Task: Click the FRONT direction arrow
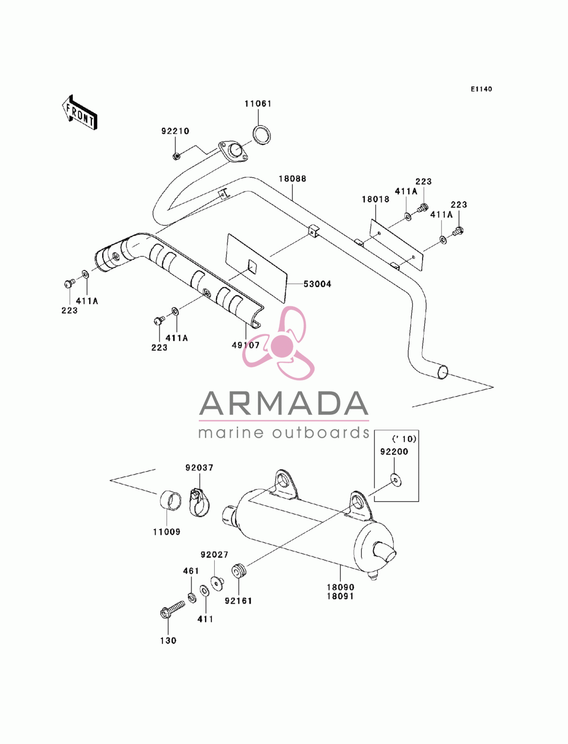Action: point(80,112)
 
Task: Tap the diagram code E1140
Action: point(481,89)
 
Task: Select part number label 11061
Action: point(258,103)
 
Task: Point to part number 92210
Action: point(175,131)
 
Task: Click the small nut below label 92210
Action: point(176,156)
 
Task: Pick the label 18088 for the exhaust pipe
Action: point(293,178)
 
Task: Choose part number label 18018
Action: point(375,199)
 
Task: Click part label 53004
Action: point(317,284)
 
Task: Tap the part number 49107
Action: point(246,345)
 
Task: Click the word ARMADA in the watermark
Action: point(284,404)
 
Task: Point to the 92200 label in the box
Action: point(394,452)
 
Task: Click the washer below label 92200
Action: point(396,481)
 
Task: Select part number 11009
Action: point(166,532)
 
